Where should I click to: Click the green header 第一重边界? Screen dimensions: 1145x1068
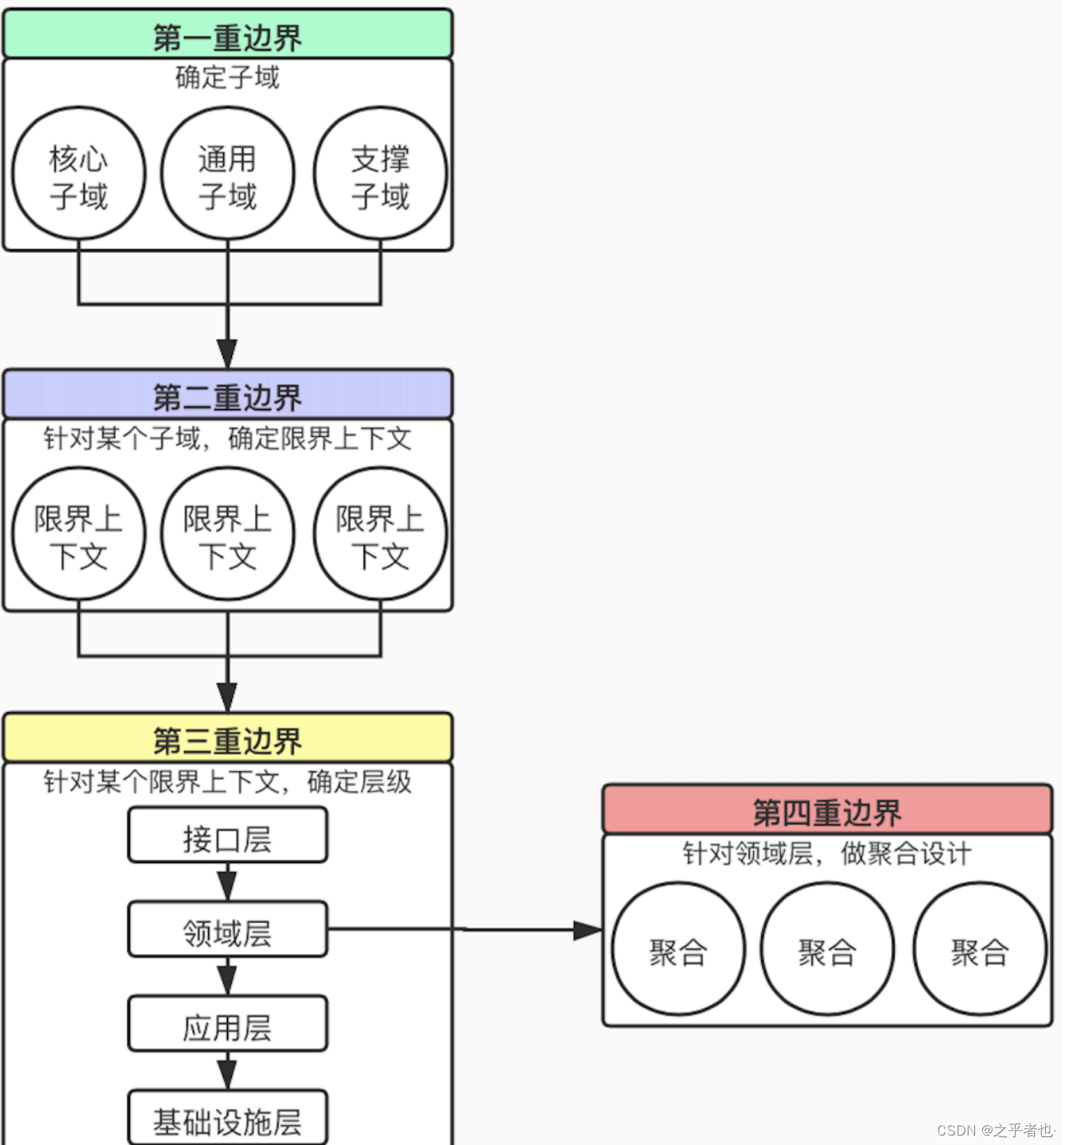point(227,35)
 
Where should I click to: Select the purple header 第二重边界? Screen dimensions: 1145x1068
point(227,394)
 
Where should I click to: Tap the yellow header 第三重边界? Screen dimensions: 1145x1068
point(227,739)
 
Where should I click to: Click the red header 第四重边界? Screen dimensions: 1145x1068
point(827,810)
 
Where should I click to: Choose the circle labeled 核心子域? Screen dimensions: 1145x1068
point(79,174)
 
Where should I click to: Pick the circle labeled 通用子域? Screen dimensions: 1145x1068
point(227,174)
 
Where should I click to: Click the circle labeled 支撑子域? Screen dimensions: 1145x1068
point(380,174)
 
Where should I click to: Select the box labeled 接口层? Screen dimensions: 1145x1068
point(227,836)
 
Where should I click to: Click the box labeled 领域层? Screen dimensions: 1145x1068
point(227,931)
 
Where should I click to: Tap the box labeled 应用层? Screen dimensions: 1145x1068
point(227,1024)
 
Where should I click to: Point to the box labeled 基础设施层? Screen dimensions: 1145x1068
point(227,1119)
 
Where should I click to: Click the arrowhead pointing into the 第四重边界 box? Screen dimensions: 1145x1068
point(588,931)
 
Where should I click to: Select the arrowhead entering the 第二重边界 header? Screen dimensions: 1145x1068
point(227,354)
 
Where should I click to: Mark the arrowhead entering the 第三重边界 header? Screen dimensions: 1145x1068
point(227,698)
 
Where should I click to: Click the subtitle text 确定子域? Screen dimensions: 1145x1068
point(227,77)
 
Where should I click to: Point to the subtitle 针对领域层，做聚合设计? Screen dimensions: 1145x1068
point(827,853)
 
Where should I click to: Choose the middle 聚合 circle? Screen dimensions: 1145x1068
point(827,950)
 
